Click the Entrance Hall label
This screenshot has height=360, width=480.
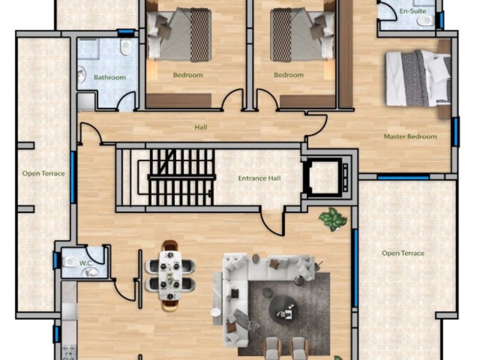(259, 178)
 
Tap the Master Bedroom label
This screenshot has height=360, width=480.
(410, 137)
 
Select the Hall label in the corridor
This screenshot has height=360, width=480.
(201, 127)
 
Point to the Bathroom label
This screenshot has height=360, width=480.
(110, 77)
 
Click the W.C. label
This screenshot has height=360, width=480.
(86, 263)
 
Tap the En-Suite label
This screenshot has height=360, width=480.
(413, 11)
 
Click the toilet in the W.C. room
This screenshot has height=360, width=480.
(70, 262)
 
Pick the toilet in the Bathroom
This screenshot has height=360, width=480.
(126, 46)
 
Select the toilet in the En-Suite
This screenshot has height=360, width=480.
(425, 21)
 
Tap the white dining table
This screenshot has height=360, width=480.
(170, 276)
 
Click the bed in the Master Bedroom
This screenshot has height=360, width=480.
(418, 79)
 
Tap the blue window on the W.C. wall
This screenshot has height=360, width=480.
(56, 260)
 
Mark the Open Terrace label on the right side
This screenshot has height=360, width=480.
(403, 253)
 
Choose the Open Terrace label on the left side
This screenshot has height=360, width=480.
(44, 174)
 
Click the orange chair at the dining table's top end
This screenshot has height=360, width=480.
(170, 245)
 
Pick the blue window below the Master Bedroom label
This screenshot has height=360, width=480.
(403, 178)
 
